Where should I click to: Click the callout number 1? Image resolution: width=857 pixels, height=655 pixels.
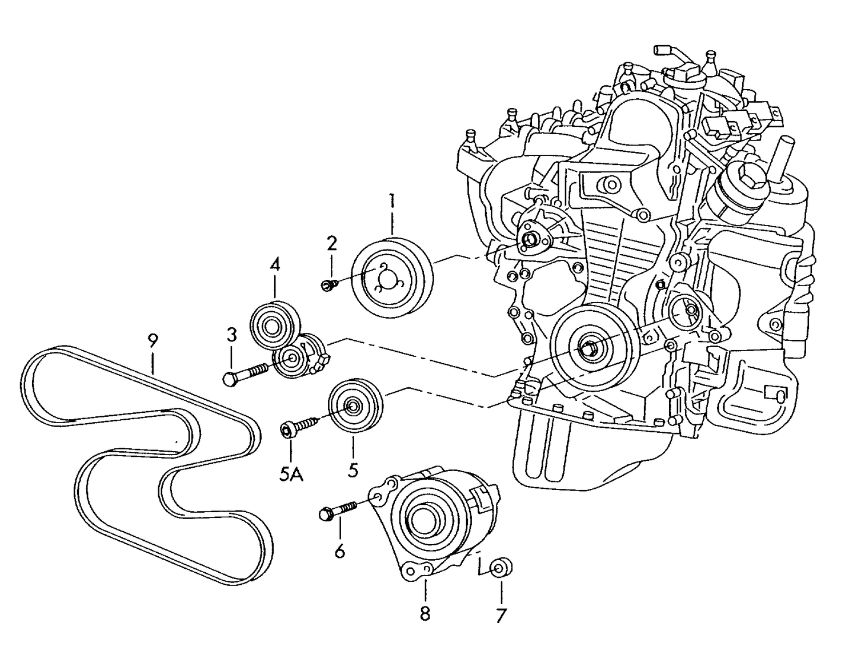(x=392, y=201)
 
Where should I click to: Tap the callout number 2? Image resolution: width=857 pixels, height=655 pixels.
(x=331, y=244)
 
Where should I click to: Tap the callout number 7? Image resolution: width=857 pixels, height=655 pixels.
(x=501, y=615)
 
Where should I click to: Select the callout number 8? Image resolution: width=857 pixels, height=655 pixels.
(x=425, y=614)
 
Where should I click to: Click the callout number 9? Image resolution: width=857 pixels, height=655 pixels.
(x=152, y=341)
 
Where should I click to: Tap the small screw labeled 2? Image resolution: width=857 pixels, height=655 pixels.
(x=327, y=284)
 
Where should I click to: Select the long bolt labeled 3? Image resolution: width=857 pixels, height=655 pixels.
(x=245, y=373)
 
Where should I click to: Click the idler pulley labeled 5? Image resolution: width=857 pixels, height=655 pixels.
(x=355, y=405)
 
